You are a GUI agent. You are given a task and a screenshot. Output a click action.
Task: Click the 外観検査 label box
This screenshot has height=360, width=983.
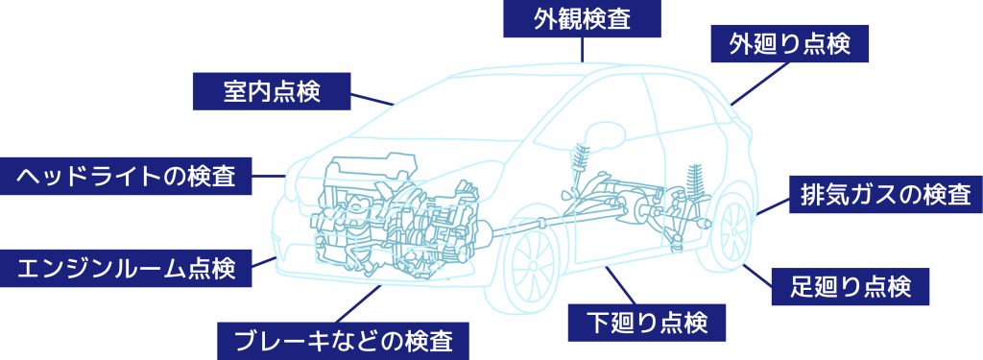coord(582,18)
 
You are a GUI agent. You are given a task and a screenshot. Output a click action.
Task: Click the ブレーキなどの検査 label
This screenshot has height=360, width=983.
coord(345,339)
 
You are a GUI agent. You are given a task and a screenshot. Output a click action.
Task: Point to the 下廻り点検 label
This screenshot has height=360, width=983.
coord(652,323)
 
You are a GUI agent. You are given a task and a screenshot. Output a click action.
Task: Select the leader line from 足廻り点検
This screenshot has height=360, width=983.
coord(758,268)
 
